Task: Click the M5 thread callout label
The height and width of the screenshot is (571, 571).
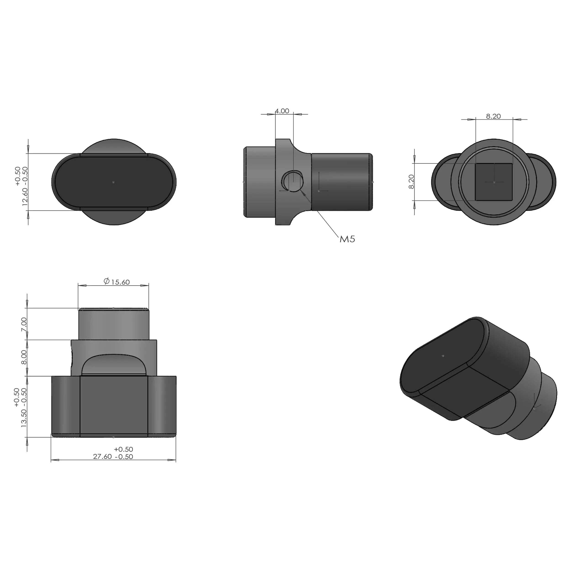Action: pyautogui.click(x=347, y=239)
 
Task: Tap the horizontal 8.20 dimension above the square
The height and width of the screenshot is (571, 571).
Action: pyautogui.click(x=493, y=116)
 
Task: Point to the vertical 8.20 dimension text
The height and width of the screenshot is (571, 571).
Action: pyautogui.click(x=411, y=182)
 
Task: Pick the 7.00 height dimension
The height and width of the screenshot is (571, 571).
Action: pyautogui.click(x=24, y=324)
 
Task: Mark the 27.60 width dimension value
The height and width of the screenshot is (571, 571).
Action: pyautogui.click(x=102, y=457)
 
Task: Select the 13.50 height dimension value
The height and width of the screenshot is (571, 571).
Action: pyautogui.click(x=24, y=418)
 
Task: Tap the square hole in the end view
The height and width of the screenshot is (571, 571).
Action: pyautogui.click(x=493, y=182)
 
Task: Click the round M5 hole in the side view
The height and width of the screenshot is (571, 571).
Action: pyautogui.click(x=292, y=181)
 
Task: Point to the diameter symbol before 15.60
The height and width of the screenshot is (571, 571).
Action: pyautogui.click(x=107, y=281)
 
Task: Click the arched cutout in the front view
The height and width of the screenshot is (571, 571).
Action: pyautogui.click(x=114, y=365)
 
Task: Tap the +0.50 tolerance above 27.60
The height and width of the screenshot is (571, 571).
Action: pyautogui.click(x=123, y=449)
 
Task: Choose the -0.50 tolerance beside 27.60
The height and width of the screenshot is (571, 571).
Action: pyautogui.click(x=124, y=457)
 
